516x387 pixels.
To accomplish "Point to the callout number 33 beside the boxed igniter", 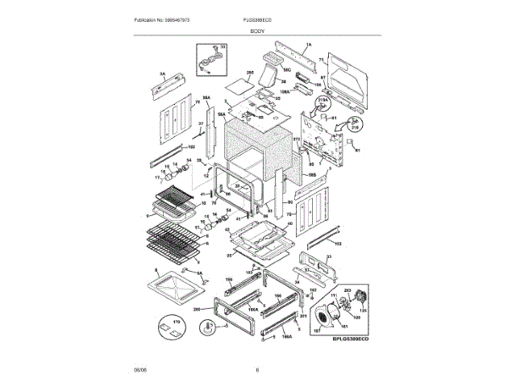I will (223, 48).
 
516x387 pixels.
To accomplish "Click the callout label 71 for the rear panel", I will (320, 60).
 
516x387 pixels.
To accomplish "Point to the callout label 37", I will (201, 123).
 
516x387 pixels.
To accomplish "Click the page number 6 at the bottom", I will (257, 369).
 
